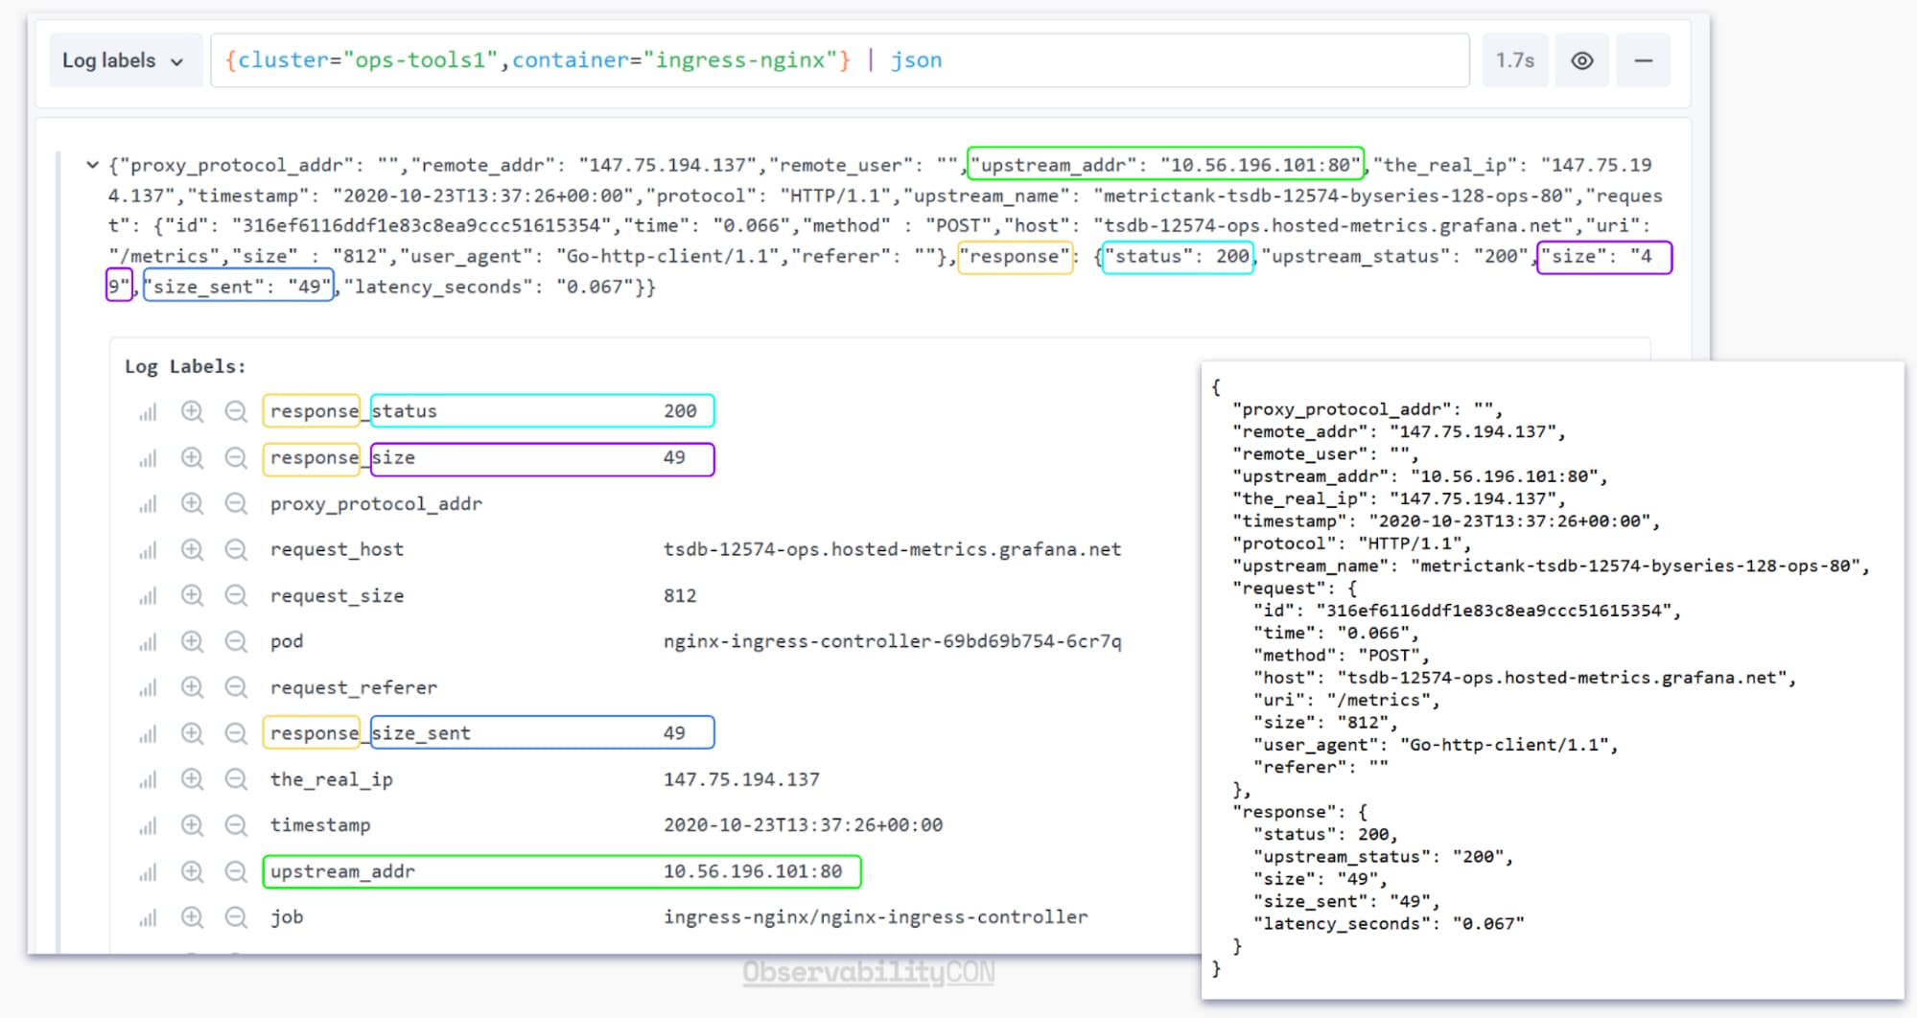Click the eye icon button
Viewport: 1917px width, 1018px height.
click(x=1582, y=60)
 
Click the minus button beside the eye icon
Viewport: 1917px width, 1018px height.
click(x=1643, y=60)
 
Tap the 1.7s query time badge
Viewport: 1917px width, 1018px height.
click(x=1515, y=60)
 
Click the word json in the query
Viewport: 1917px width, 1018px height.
click(x=916, y=60)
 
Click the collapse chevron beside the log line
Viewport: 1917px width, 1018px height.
click(x=92, y=165)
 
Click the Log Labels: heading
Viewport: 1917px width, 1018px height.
click(x=185, y=366)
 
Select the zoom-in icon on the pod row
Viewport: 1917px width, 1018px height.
click(x=192, y=641)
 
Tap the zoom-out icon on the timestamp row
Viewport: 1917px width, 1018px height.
click(x=236, y=825)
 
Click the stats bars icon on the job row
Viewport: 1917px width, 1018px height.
click(x=148, y=918)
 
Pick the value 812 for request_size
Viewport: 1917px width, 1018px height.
click(x=680, y=595)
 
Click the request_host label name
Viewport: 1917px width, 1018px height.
click(x=337, y=549)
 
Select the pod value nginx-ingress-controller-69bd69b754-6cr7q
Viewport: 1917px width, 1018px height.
click(x=892, y=641)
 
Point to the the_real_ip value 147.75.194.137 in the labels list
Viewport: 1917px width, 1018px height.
click(x=741, y=779)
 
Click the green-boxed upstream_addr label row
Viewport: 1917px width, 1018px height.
click(x=562, y=871)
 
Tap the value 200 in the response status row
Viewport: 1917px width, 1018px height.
click(x=680, y=411)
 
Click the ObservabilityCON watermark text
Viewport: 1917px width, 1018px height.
click(x=869, y=972)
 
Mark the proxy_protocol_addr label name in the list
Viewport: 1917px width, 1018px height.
click(x=376, y=503)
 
